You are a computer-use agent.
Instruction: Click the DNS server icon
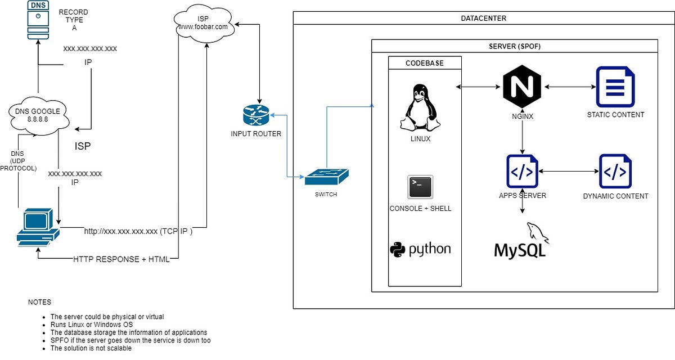pyautogui.click(x=38, y=19)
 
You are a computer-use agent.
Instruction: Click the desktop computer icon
pyautogui.click(x=37, y=227)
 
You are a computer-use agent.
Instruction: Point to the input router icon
pyautogui.click(x=256, y=116)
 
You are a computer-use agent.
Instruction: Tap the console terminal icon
pyautogui.click(x=420, y=187)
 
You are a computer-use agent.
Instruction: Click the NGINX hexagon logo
pyautogui.click(x=522, y=87)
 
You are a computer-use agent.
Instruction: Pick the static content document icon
pyautogui.click(x=615, y=87)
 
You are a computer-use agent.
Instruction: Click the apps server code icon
pyautogui.click(x=522, y=172)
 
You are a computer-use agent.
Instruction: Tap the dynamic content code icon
pyautogui.click(x=615, y=172)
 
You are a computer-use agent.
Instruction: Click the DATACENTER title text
pyautogui.click(x=483, y=19)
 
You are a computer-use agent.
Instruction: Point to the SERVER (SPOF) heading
pyautogui.click(x=514, y=46)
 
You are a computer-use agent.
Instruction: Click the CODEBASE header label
pyautogui.click(x=425, y=63)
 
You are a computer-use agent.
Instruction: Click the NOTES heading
pyautogui.click(x=39, y=302)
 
